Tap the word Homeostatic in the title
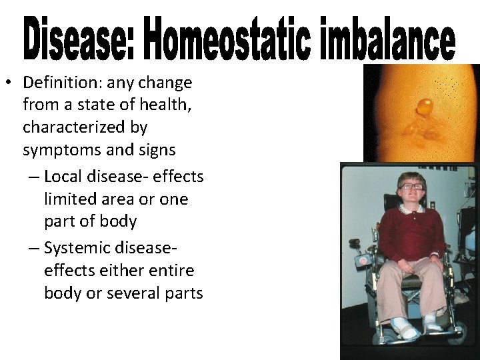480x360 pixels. pyautogui.click(x=211, y=38)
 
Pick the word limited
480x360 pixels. pyautogui.click(x=69, y=199)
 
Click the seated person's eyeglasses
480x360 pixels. pyautogui.click(x=411, y=186)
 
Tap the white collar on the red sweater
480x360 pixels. pyautogui.click(x=413, y=208)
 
